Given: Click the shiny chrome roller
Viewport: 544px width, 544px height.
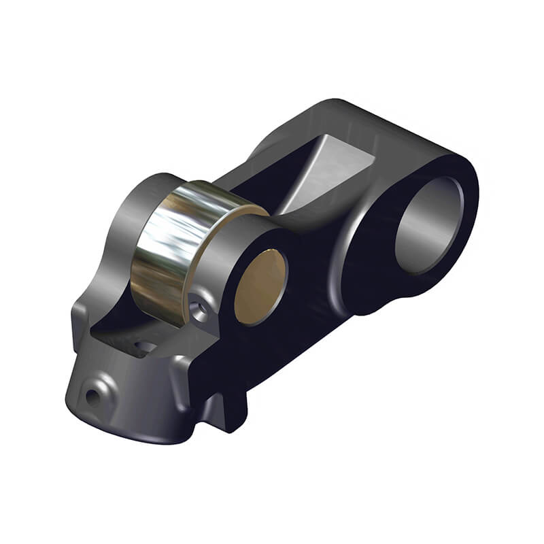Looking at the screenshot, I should click(173, 245).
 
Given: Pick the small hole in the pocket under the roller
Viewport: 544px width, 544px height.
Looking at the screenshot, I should click(146, 347).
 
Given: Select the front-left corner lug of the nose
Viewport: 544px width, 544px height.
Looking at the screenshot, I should click(78, 320).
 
